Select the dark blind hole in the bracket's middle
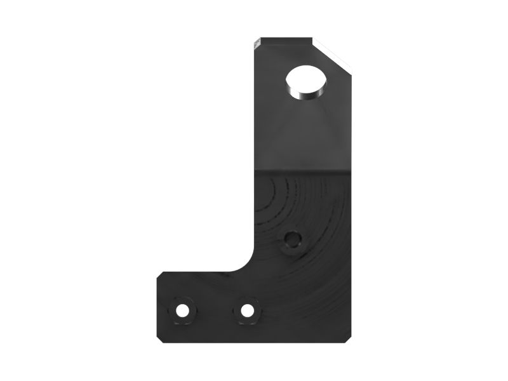click(x=293, y=239)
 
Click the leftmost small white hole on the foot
click(x=182, y=311)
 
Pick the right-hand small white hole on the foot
click(x=246, y=311)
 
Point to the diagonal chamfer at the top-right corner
click(x=332, y=55)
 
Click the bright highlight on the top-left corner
click(x=257, y=43)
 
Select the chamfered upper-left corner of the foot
click(x=161, y=275)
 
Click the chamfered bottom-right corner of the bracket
click(x=349, y=339)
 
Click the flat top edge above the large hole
click(x=286, y=39)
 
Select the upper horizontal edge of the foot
click(x=197, y=272)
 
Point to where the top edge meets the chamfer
click(x=312, y=39)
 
